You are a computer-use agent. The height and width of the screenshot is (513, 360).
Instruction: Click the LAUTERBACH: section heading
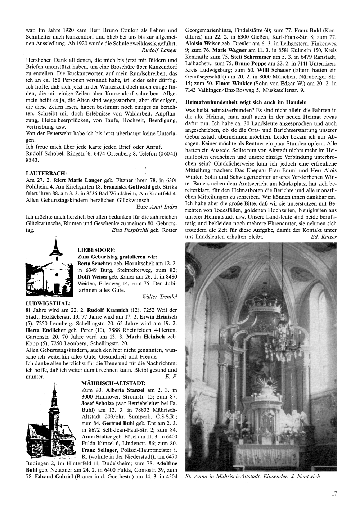[46, 173]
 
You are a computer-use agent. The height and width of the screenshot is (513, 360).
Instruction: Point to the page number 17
[334, 494]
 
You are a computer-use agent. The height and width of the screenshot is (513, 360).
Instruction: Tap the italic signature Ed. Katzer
[323, 237]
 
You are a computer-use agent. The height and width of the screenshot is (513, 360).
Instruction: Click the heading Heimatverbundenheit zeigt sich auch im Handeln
[246, 102]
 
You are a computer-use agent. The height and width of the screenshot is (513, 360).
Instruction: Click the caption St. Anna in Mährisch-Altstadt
[252, 476]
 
